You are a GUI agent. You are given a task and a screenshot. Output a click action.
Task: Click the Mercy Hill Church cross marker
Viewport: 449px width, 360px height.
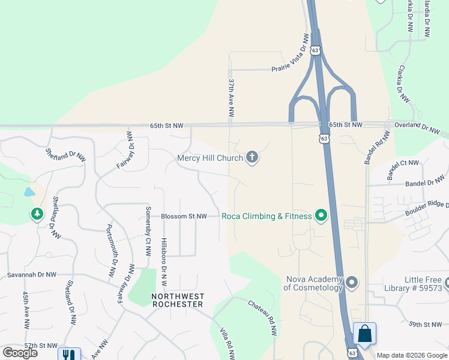click(x=252, y=158)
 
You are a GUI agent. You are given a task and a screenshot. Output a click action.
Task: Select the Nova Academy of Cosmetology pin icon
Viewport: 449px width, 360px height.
click(x=352, y=282)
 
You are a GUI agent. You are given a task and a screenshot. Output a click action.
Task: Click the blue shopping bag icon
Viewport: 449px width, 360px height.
click(x=364, y=333)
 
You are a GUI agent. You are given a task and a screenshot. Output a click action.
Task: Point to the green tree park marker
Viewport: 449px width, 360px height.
click(x=37, y=214)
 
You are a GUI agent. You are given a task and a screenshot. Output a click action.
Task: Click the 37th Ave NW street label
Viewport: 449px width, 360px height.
click(x=231, y=97)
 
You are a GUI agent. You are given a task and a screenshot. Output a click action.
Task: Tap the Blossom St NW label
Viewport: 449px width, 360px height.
click(x=184, y=216)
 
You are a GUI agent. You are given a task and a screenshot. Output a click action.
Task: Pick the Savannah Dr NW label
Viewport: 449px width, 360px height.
click(x=31, y=274)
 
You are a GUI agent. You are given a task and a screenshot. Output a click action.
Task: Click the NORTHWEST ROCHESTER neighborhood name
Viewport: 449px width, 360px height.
click(x=178, y=300)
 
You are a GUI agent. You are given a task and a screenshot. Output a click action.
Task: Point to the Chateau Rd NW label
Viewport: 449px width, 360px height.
click(x=264, y=317)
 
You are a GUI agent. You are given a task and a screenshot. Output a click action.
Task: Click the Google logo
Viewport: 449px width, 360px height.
click(x=20, y=353)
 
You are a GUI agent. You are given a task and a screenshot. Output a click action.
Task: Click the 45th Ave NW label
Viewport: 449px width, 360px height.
click(x=26, y=310)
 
